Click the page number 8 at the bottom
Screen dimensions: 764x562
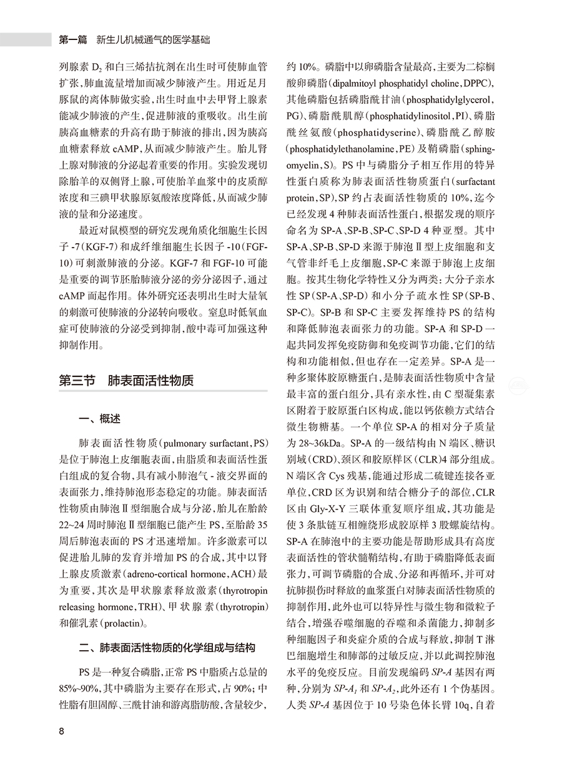[61, 731]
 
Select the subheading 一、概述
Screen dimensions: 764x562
[99, 419]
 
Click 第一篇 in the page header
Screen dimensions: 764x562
[74, 39]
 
